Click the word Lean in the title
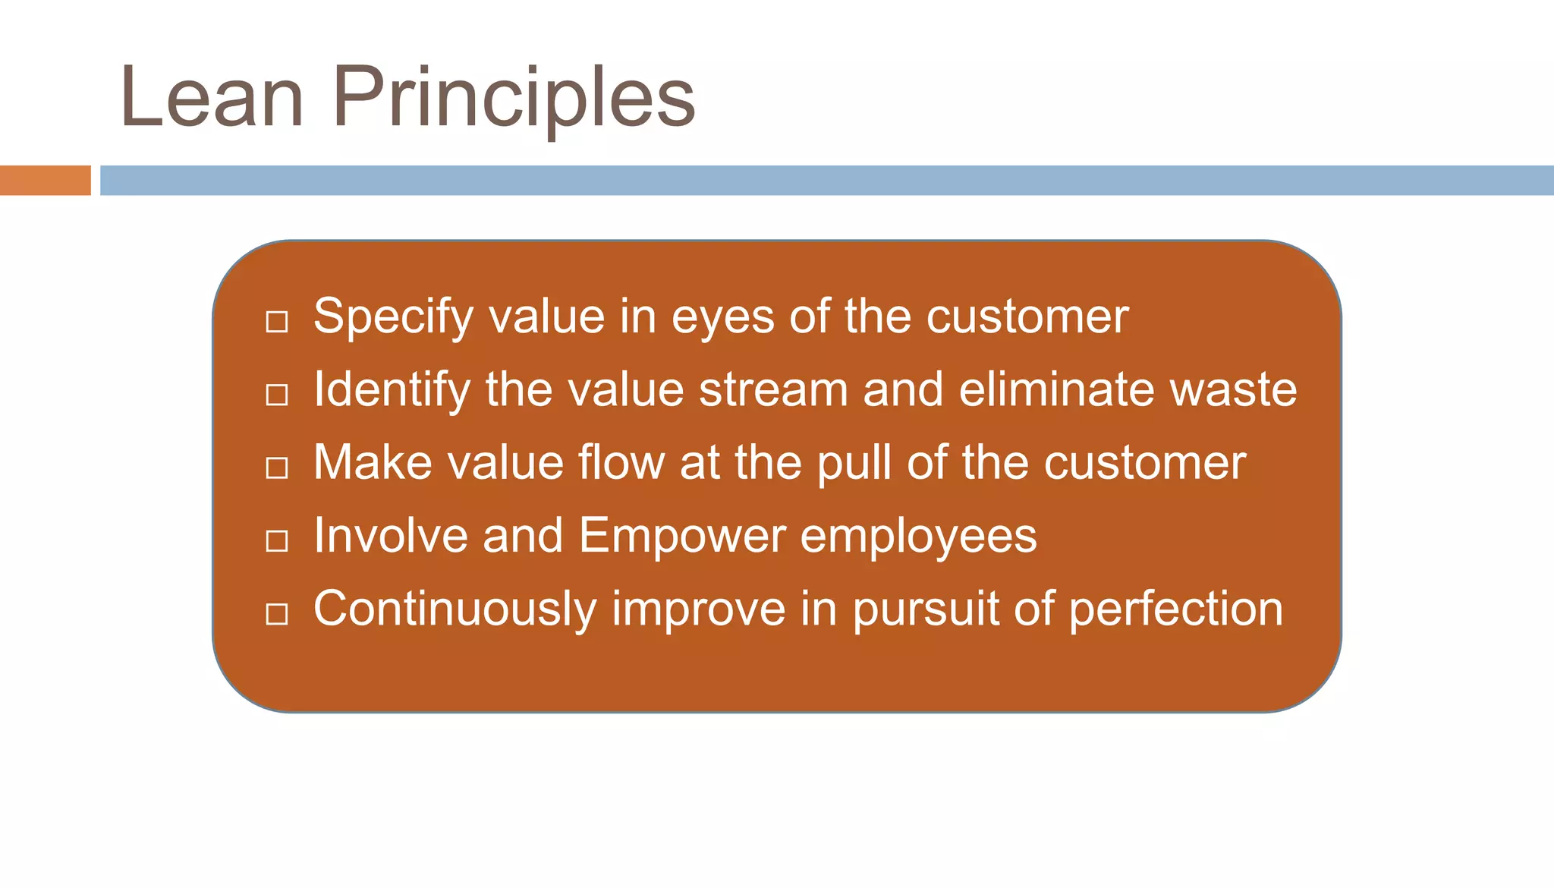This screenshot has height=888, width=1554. tap(212, 97)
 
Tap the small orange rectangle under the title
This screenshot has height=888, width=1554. tap(45, 181)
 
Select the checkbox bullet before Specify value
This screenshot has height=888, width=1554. tap(277, 322)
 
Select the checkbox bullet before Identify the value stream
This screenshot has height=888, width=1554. tap(277, 395)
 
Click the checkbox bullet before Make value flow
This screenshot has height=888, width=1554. tap(277, 468)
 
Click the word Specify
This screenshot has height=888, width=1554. tap(393, 317)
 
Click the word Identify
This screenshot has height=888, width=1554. tap(392, 390)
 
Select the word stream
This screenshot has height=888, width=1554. tap(772, 390)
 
